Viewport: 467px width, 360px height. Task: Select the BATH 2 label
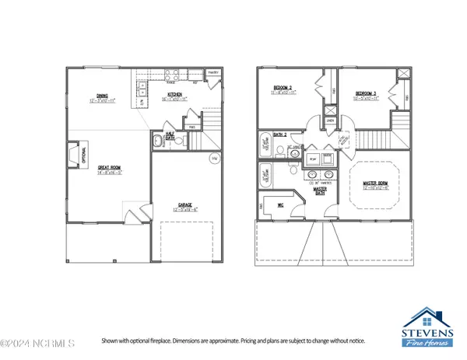(269, 135)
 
